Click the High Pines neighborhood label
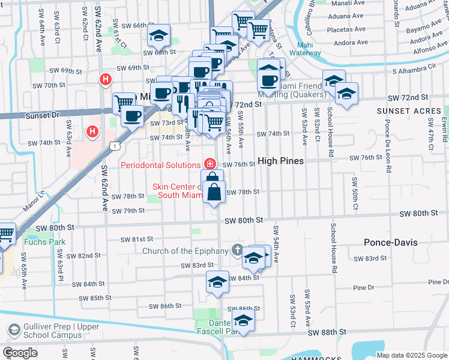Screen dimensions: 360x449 click(281, 161)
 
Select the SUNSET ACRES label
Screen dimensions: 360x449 click(400, 111)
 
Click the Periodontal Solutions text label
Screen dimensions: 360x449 click(160, 165)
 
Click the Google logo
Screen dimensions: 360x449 click(20, 353)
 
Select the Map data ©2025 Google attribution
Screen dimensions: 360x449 click(412, 355)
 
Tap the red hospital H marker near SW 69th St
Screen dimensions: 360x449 click(106, 79)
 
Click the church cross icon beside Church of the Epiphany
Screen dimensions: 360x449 click(238, 250)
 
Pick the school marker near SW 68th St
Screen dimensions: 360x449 click(158, 36)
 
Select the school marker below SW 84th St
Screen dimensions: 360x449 click(217, 282)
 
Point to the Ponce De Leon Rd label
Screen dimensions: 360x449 click(388, 146)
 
